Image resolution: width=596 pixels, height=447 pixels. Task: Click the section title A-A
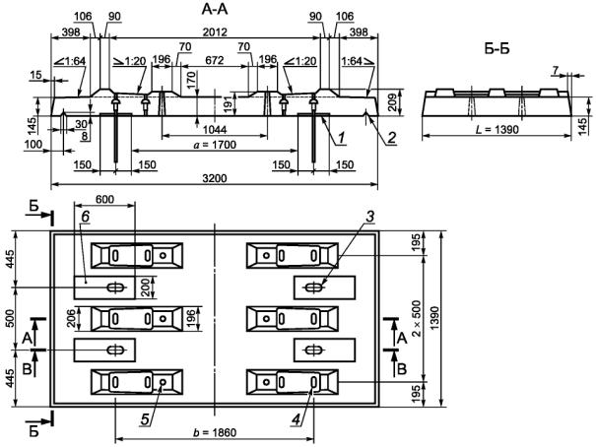point(215,9)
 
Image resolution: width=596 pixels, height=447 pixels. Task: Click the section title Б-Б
point(497,49)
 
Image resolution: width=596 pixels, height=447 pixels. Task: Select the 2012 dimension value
point(215,32)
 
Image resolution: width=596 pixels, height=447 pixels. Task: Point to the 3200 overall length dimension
point(215,178)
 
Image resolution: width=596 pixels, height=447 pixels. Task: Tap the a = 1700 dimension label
point(215,145)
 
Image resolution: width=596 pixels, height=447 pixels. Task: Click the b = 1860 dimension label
point(215,432)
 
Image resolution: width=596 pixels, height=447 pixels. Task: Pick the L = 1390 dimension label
point(497,130)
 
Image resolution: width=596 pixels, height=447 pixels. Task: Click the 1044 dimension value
point(215,130)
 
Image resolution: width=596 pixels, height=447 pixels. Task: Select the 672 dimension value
point(215,60)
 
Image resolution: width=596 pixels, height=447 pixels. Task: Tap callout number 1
point(342,138)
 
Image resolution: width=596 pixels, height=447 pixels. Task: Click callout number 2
point(392,138)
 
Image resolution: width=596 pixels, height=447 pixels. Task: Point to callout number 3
point(369,216)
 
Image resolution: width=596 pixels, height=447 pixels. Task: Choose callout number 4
point(296,419)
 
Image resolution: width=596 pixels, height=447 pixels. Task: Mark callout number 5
point(145,419)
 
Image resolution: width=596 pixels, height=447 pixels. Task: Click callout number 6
point(85,216)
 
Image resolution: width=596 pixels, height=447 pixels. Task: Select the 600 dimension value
point(104,199)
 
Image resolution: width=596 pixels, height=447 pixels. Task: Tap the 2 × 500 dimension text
point(417,318)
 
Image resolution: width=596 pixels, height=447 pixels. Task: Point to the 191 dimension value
point(230,103)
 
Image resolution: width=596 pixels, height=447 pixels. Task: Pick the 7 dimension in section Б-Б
point(556,70)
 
